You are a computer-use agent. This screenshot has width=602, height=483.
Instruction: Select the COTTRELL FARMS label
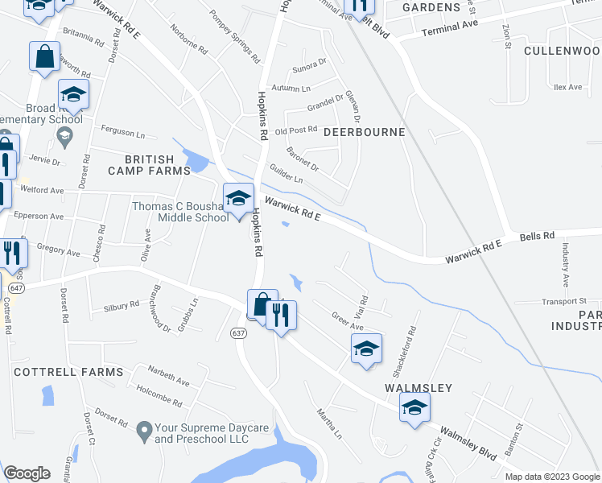(68, 372)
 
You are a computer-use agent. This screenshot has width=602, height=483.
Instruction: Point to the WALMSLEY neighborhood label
(418, 387)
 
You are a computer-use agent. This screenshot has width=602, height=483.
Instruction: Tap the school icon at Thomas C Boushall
(237, 199)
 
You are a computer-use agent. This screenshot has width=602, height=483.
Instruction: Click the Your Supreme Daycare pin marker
(144, 430)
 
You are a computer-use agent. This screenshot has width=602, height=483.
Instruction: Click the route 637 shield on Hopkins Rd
(238, 332)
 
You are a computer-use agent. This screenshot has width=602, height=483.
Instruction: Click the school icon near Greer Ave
(365, 349)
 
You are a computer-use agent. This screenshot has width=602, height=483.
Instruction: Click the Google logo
(27, 473)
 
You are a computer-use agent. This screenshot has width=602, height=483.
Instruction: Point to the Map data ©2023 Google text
(552, 477)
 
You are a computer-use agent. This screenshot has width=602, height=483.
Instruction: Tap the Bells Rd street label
(538, 236)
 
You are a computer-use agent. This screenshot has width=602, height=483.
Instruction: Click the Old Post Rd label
(296, 131)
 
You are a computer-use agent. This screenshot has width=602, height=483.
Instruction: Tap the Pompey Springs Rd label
(234, 37)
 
